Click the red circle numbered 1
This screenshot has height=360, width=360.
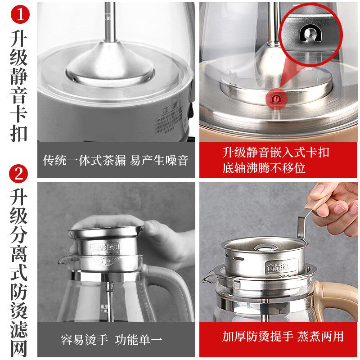[x=18, y=15]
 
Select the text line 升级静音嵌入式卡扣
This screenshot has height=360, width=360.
[x=275, y=152]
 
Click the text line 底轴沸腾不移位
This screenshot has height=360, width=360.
[x=264, y=168]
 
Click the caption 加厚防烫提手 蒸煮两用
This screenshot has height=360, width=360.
[x=282, y=337]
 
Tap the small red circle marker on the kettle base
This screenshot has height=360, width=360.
[x=274, y=98]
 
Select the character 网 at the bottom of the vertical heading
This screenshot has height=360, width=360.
[x=19, y=348]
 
